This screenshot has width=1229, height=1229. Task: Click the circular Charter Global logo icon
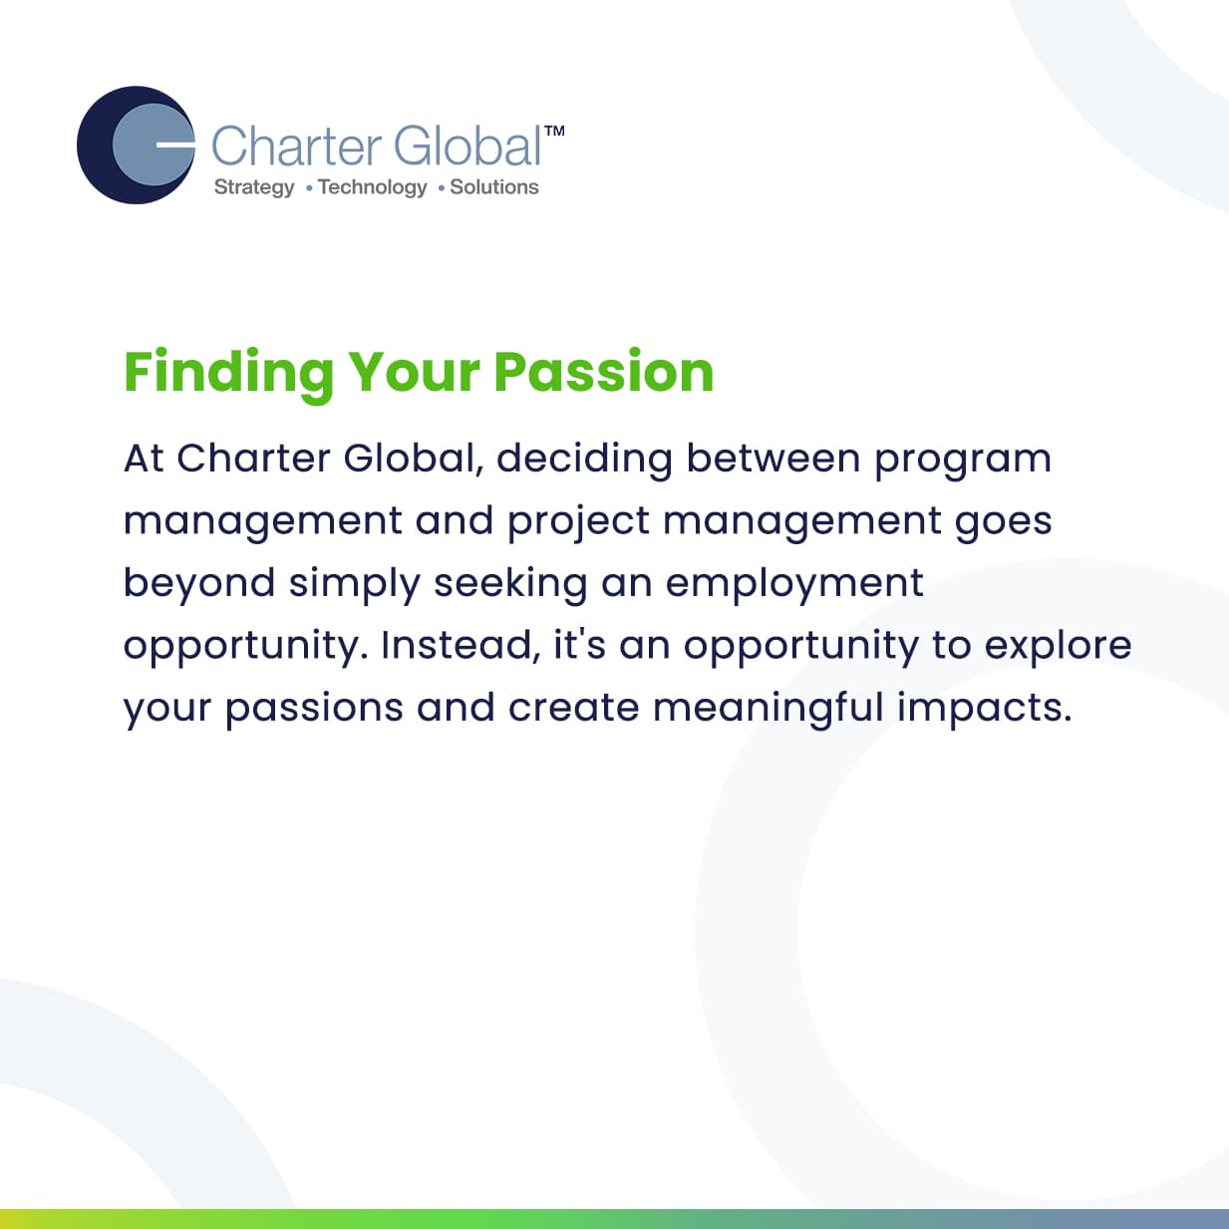click(136, 145)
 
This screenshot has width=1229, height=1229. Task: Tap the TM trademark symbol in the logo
click(554, 131)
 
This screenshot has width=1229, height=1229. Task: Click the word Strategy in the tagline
click(254, 187)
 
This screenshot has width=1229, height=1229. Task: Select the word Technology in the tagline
click(373, 187)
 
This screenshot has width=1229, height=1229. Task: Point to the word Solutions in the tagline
click(494, 186)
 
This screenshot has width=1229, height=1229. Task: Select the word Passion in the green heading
click(603, 373)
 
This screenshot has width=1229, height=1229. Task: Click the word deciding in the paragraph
click(584, 461)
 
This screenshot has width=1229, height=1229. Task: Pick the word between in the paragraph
click(773, 459)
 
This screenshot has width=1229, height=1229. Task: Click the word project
click(578, 522)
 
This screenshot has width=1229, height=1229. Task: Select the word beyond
click(199, 583)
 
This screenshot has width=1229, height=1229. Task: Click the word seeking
click(510, 583)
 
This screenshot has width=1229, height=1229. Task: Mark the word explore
click(1059, 647)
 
